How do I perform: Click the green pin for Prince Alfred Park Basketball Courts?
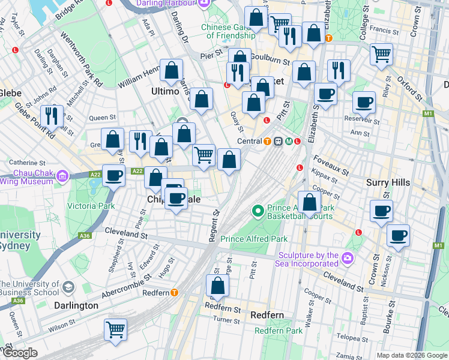258,211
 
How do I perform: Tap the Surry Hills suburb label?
388,182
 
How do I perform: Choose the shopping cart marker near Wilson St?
116,329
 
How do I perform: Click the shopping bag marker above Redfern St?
218,285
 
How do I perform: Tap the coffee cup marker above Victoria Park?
113,175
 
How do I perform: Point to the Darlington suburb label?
76,305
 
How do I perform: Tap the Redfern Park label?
278,331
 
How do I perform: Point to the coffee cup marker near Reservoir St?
364,102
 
